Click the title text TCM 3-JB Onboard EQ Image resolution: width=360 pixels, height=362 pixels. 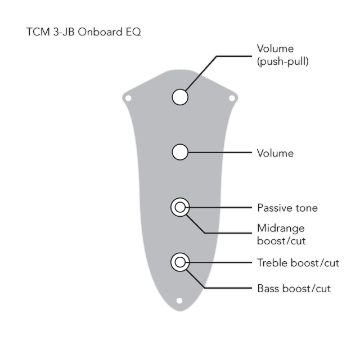pyautogui.click(x=84, y=32)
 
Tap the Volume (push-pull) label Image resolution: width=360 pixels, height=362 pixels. pyautogui.click(x=282, y=55)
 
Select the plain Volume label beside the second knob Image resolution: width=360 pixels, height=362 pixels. pyautogui.click(x=275, y=153)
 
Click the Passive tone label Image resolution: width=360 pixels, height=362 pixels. pyautogui.click(x=287, y=208)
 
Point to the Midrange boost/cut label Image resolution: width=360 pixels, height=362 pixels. pyautogui.click(x=281, y=234)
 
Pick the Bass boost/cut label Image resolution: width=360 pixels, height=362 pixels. pyautogui.click(x=294, y=289)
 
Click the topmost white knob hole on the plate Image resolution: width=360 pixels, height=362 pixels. pyautogui.click(x=180, y=97)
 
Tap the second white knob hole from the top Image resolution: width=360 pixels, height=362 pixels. pyautogui.click(x=180, y=152)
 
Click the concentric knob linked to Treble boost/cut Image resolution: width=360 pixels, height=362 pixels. pyautogui.click(x=180, y=262)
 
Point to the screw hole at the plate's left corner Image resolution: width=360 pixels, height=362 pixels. pyautogui.click(x=128, y=99)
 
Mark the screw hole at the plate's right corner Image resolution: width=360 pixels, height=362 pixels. pyautogui.click(x=231, y=99)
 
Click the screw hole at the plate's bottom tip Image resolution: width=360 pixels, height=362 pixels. pyautogui.click(x=179, y=300)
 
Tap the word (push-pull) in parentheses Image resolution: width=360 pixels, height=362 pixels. pyautogui.click(x=282, y=62)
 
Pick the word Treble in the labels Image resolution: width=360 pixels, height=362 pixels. pyautogui.click(x=272, y=262)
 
